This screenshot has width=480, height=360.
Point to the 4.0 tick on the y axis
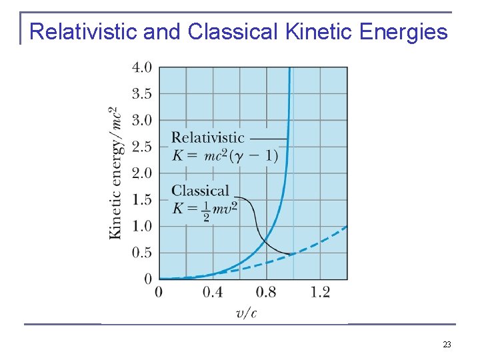[x=141, y=67]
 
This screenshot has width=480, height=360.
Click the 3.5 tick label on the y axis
[x=141, y=94]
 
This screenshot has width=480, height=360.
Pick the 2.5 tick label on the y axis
[x=141, y=147]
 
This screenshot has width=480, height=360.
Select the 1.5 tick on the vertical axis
[x=141, y=199]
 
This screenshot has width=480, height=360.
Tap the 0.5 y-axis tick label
[x=141, y=253]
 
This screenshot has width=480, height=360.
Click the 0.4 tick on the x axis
[x=213, y=292]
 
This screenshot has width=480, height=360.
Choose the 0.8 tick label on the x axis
[x=266, y=292]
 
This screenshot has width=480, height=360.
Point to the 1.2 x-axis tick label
[x=320, y=292]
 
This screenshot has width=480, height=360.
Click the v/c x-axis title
[x=246, y=313]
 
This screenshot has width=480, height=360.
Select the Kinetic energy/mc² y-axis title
[x=115, y=172]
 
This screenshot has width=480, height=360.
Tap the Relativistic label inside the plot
[x=208, y=138]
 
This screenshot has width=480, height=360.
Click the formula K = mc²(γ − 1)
[x=225, y=156]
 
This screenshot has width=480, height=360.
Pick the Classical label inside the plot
[x=200, y=191]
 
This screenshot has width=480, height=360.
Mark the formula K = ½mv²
[x=205, y=209]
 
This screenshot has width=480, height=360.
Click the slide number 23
[x=447, y=345]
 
